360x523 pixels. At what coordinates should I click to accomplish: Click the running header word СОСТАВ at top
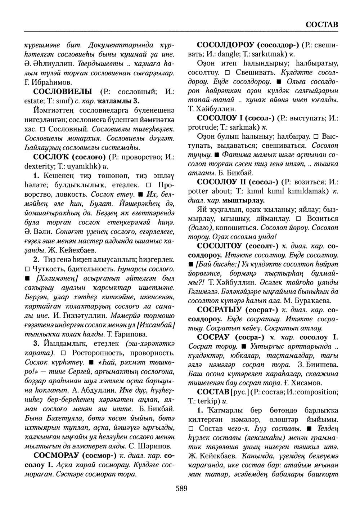321,24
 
